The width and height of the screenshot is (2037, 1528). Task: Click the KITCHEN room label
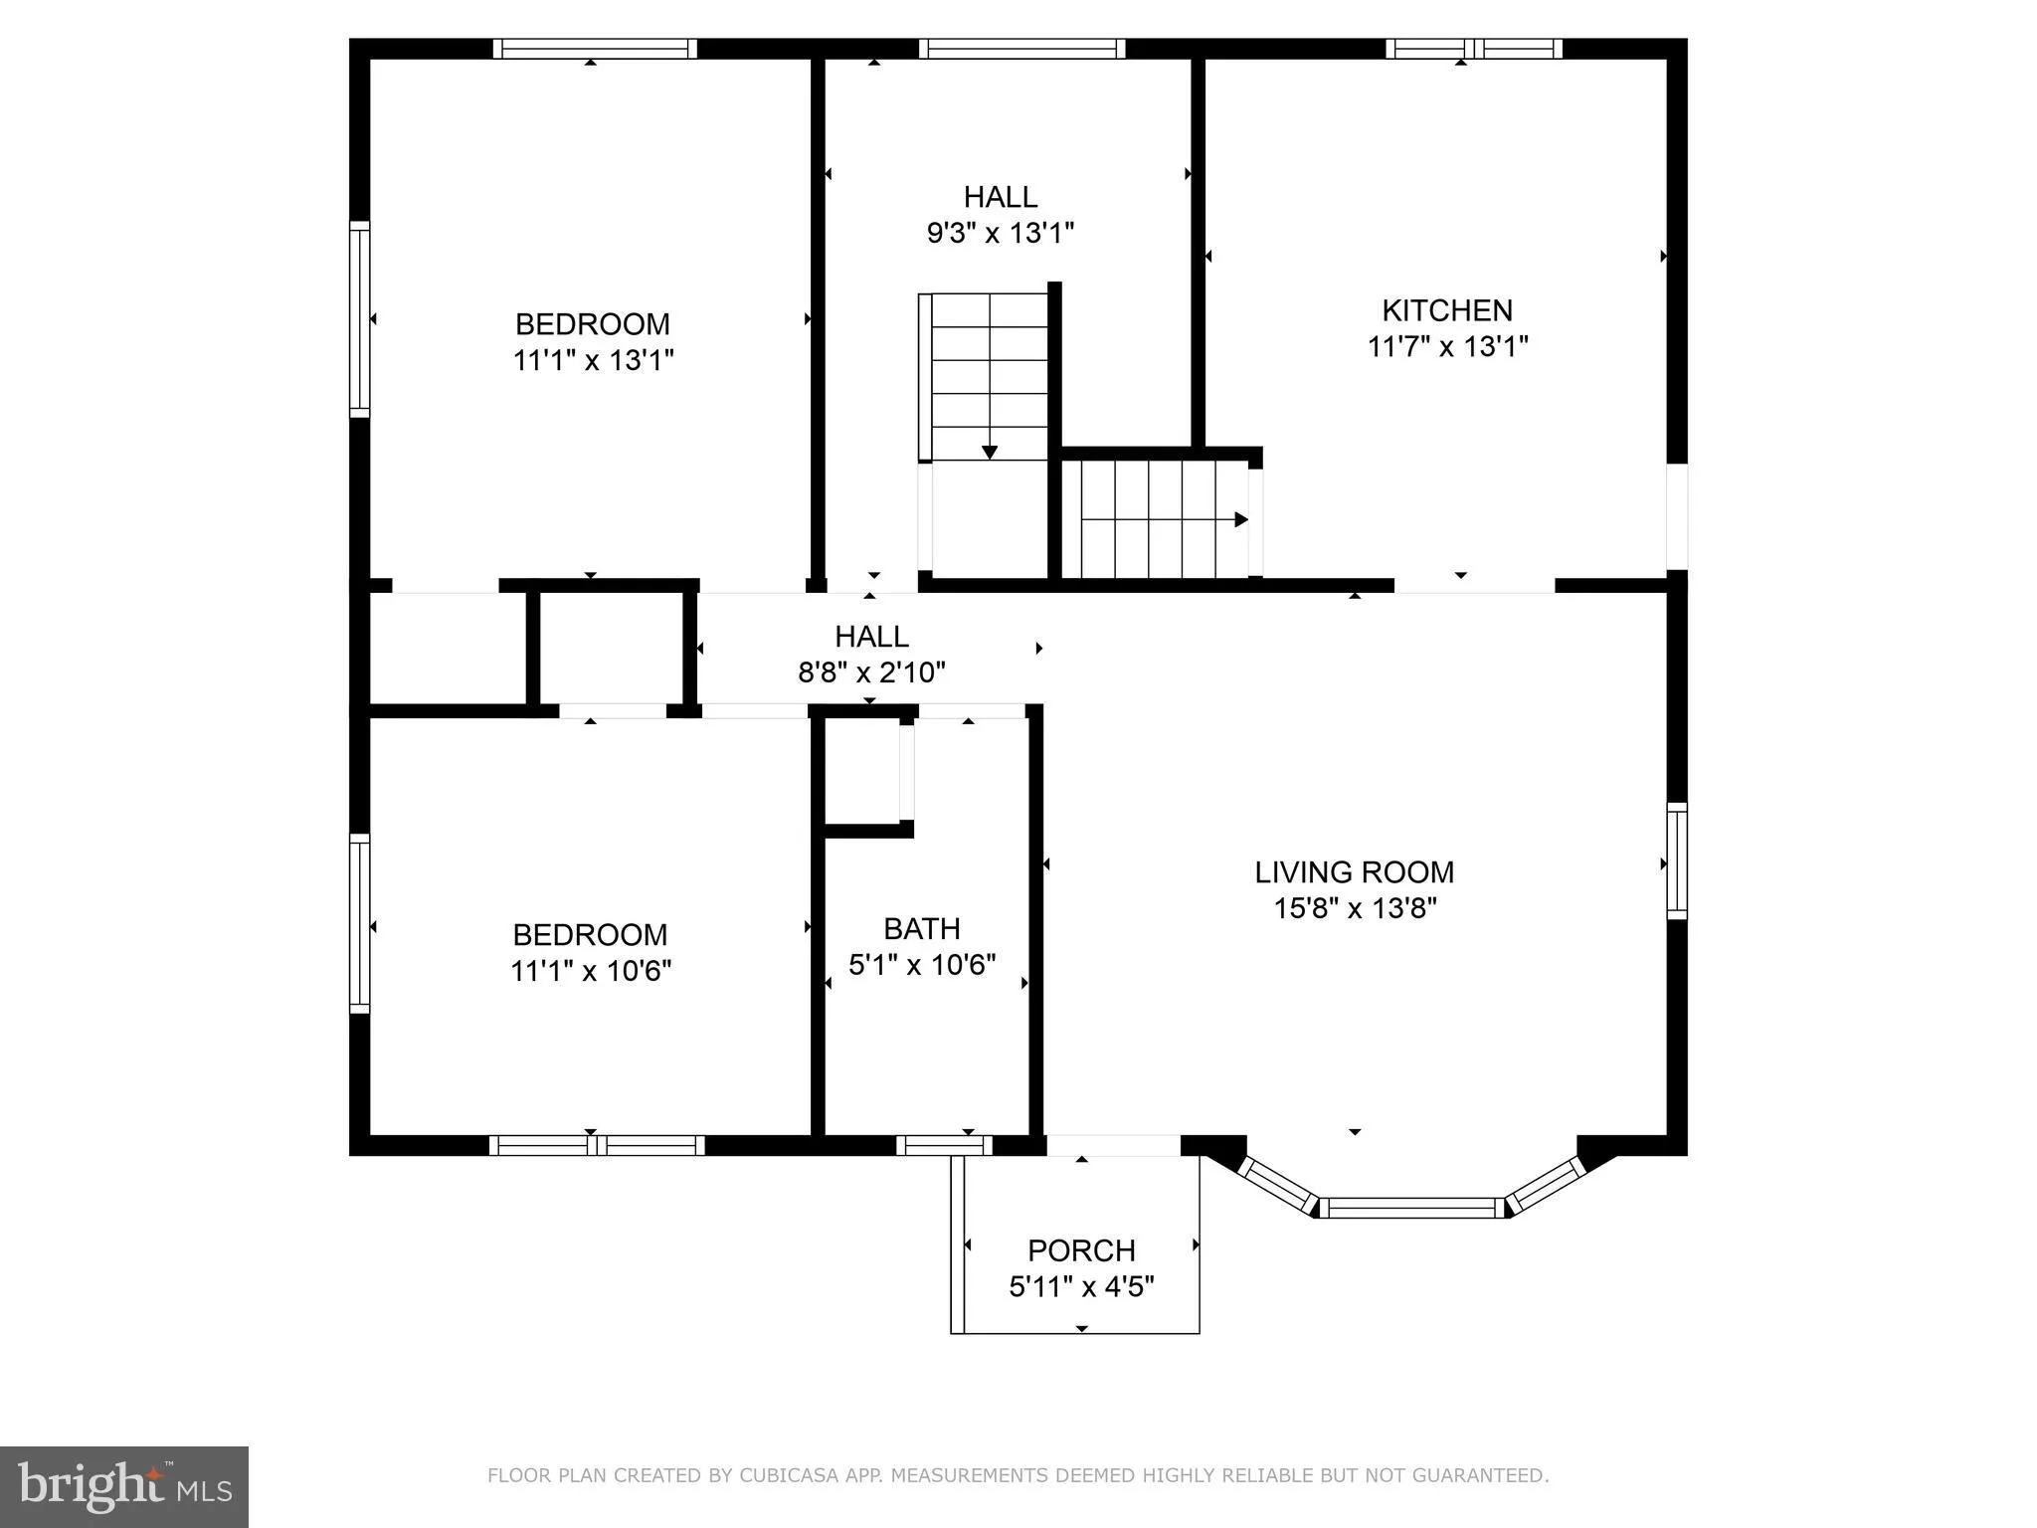click(1447, 310)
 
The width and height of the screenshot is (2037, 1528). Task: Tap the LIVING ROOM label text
click(1354, 872)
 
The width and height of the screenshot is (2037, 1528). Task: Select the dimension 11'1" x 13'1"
click(594, 360)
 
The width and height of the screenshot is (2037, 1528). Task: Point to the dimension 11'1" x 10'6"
click(591, 971)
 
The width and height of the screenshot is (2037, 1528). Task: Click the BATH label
click(922, 929)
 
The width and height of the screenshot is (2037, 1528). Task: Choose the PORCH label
click(1081, 1250)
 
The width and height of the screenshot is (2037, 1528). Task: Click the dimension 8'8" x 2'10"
click(871, 672)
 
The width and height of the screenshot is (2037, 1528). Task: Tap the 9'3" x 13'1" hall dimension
click(1001, 233)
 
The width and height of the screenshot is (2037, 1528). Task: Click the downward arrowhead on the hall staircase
click(990, 452)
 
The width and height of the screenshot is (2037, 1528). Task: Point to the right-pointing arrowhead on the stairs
click(1241, 519)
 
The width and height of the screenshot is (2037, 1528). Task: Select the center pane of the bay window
click(1412, 1208)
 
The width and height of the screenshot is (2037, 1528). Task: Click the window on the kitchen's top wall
click(1474, 49)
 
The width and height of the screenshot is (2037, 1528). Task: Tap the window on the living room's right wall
click(1677, 861)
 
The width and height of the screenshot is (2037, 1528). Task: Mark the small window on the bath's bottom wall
click(944, 1146)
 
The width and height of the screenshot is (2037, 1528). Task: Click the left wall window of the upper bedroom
click(359, 318)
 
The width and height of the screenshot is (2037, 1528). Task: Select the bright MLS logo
click(124, 1487)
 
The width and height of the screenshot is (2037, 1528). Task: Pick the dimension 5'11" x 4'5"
click(1081, 1287)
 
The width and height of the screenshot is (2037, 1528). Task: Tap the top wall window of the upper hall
click(1021, 49)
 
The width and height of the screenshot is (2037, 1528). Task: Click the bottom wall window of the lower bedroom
click(597, 1146)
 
